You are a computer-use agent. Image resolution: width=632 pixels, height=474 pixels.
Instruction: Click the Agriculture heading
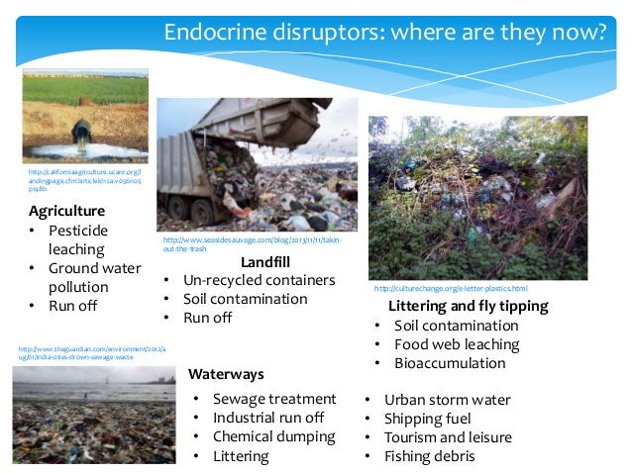point(66,211)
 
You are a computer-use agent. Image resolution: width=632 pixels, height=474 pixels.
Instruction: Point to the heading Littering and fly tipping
point(468,306)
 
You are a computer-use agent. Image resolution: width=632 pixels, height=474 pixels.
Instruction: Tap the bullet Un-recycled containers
point(260,280)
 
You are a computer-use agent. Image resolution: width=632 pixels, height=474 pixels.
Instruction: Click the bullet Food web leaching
point(457,344)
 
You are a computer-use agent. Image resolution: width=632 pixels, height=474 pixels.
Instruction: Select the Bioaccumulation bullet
point(450,363)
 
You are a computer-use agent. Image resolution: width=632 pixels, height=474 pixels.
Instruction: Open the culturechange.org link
point(450,288)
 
